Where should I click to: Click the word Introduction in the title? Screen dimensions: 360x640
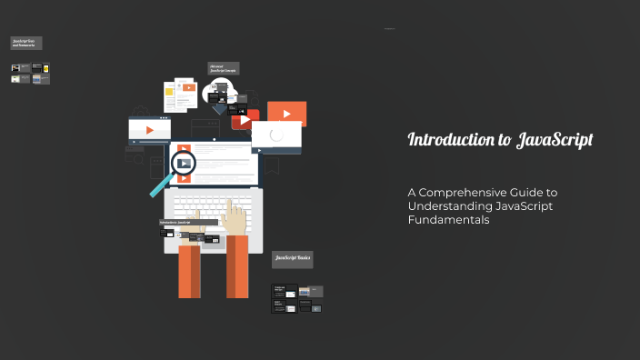(445, 140)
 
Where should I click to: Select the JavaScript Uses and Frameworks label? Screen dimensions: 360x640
(26, 43)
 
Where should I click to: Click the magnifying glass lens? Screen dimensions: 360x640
(185, 164)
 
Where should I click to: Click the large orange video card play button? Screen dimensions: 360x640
(286, 114)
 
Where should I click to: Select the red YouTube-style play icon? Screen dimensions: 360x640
(243, 119)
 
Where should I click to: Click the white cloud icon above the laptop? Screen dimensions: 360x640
(222, 90)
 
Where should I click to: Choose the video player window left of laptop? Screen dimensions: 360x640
(149, 131)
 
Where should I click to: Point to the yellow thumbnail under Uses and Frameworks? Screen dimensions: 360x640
(15, 79)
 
